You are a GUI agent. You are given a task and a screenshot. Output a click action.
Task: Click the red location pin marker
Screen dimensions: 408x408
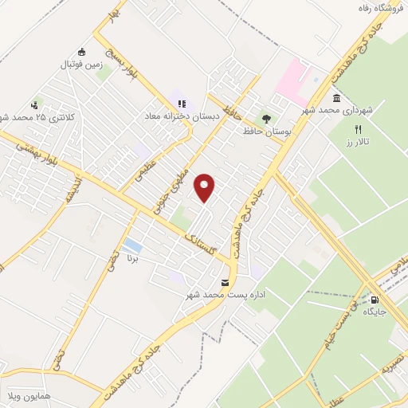(x=206, y=187)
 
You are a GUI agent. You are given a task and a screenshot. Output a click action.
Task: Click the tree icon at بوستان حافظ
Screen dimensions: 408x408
(x=266, y=117)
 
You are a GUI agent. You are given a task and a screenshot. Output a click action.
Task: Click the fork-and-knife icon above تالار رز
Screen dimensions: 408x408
(x=358, y=129)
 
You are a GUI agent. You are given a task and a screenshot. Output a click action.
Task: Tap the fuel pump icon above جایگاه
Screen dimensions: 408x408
(x=375, y=300)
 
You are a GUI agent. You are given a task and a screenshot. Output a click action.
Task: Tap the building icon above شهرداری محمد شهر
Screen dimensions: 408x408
(x=335, y=98)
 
